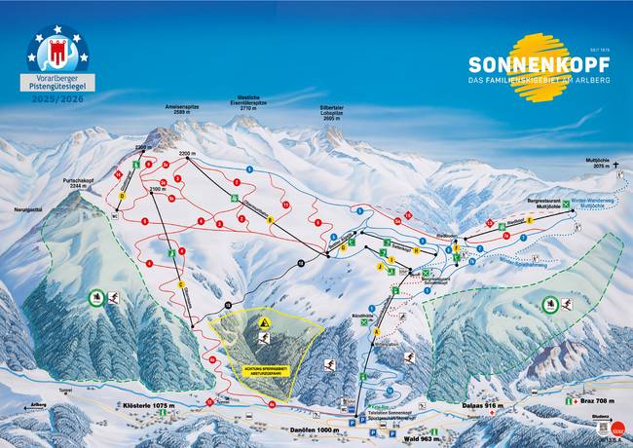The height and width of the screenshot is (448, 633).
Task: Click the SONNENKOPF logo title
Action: point(539,63)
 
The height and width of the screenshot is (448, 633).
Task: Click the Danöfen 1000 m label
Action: point(314,429)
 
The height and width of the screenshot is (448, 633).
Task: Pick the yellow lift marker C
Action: point(180,284)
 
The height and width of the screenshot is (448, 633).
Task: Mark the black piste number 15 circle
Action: point(228,304)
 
